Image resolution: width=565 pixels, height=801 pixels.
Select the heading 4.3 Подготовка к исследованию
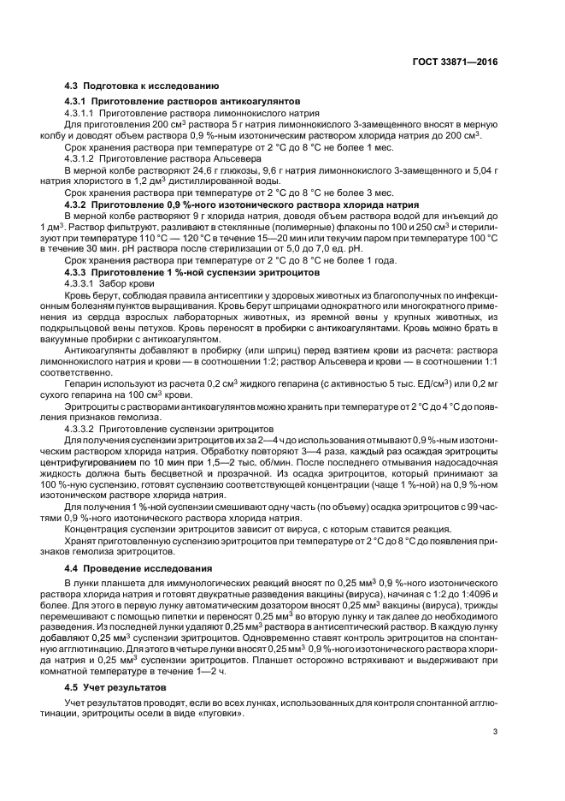[x=142, y=87]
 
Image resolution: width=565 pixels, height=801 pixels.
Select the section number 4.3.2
[x=79, y=205]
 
